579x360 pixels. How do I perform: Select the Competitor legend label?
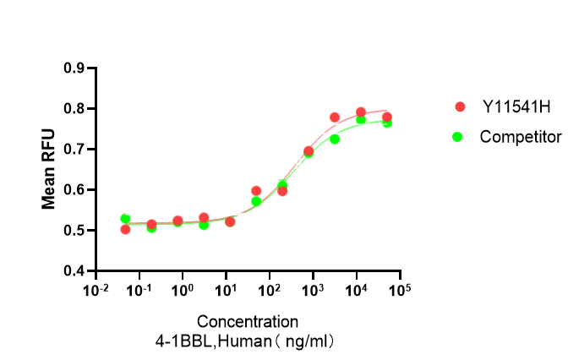point(520,136)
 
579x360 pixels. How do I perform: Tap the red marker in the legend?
point(460,106)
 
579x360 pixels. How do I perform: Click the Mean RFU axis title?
point(49,170)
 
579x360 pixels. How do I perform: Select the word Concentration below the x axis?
point(248,322)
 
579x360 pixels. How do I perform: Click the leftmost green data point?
point(125,219)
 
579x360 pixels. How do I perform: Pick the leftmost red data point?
point(125,229)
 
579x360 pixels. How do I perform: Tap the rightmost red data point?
point(387,117)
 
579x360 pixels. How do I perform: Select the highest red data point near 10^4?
point(361,112)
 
